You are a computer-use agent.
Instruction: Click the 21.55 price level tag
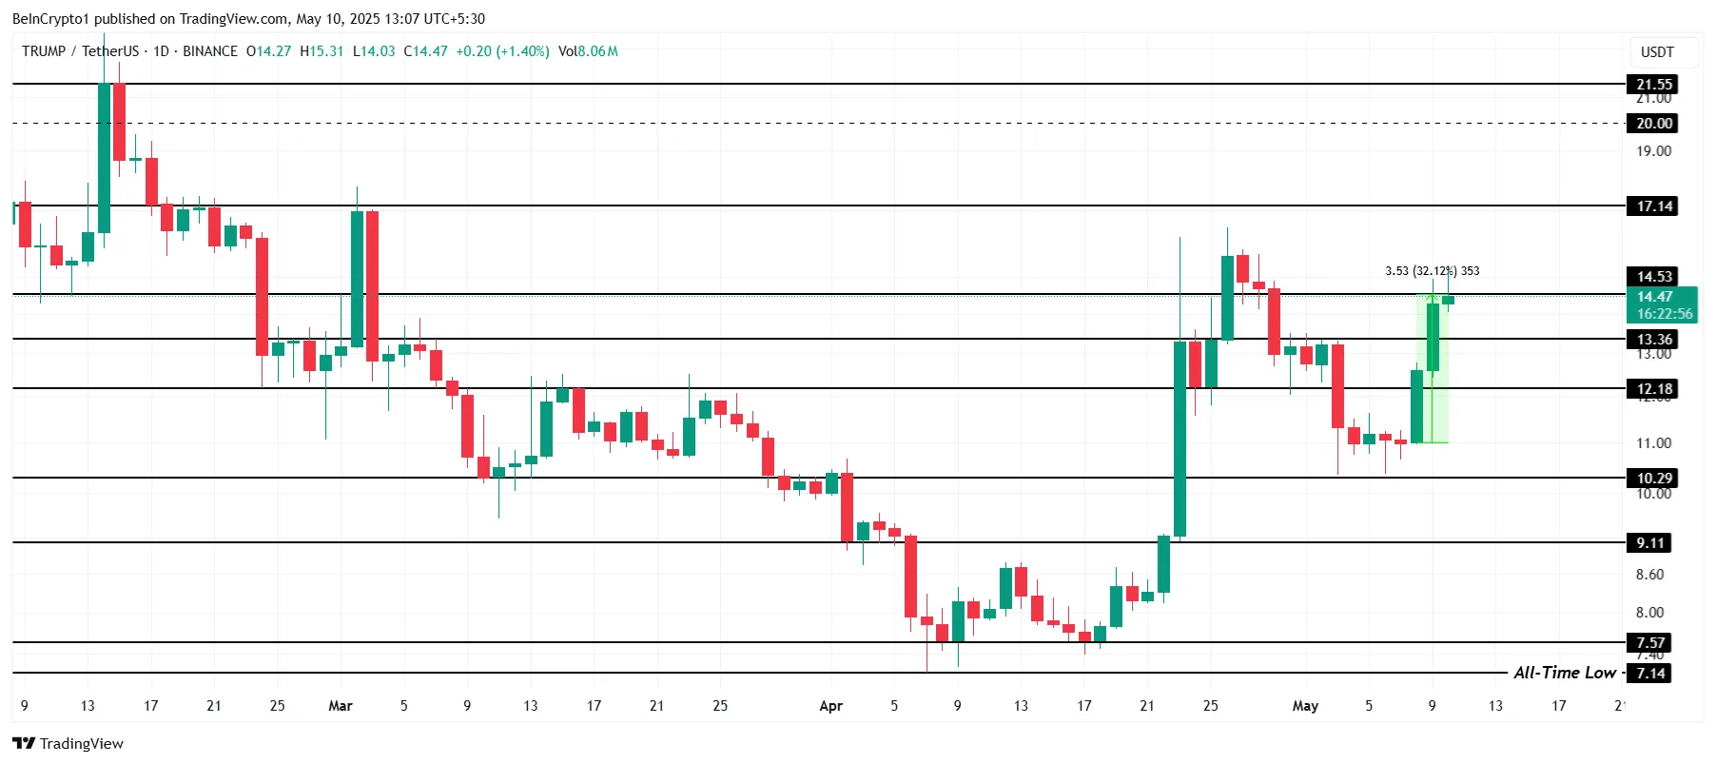[1653, 84]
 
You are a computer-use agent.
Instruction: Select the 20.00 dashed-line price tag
[1653, 123]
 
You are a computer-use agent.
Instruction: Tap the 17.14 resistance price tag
[1653, 206]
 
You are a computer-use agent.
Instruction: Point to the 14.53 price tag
[1653, 276]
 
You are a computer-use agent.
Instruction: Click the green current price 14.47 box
[1664, 305]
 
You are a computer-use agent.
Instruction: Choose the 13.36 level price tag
[1653, 339]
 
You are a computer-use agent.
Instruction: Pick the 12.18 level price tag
[1653, 388]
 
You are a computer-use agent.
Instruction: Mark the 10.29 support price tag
[1653, 478]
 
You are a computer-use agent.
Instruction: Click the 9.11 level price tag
[1650, 542]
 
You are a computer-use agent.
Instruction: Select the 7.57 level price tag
[1650, 642]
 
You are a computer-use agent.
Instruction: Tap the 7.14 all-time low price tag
[1650, 673]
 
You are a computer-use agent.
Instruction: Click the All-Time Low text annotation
[1564, 673]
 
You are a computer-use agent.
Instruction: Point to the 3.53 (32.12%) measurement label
[1432, 271]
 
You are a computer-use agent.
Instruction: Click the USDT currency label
[1657, 52]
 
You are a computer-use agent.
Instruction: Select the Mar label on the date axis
[340, 706]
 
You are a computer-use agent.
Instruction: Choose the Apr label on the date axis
[830, 706]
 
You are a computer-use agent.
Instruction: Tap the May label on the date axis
[1305, 706]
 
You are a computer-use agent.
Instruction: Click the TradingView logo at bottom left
[68, 743]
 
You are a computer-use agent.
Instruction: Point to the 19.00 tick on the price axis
[1653, 151]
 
